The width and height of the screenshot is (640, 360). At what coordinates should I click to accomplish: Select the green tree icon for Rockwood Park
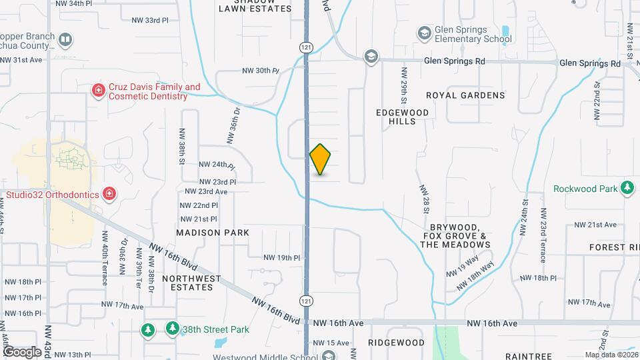[x=627, y=188]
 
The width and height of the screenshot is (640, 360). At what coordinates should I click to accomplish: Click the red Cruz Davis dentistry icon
[x=98, y=89]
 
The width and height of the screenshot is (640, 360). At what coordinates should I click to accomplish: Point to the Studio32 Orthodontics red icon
[x=110, y=194]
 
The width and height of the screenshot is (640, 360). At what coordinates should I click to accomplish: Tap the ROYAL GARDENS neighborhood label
[x=465, y=95]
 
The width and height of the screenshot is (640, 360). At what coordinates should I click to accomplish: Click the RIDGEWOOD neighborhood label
[x=396, y=343]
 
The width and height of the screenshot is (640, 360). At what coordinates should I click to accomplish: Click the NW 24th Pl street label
[x=217, y=164]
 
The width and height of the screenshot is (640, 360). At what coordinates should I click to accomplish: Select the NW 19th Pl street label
[x=282, y=257]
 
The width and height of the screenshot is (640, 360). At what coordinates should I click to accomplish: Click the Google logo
[x=21, y=351]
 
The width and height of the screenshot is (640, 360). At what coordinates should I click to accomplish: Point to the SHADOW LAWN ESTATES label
[x=256, y=6]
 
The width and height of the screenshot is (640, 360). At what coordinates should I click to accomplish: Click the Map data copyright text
[x=611, y=355]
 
